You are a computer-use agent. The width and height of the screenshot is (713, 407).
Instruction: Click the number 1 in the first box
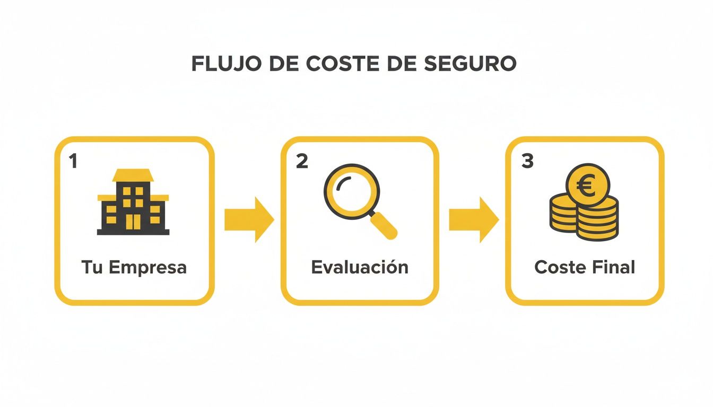click(73, 162)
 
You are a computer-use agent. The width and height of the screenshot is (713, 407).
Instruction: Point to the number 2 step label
click(301, 162)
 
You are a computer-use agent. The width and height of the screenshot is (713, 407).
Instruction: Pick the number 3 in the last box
click(527, 162)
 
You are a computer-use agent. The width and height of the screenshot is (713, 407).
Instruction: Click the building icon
click(133, 202)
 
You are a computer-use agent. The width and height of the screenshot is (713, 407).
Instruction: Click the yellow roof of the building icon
click(133, 175)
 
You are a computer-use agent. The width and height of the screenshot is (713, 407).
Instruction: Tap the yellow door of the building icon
click(133, 223)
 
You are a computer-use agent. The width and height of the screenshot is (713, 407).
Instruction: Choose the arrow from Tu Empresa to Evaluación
click(248, 219)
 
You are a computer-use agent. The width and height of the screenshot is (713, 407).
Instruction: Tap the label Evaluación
click(359, 267)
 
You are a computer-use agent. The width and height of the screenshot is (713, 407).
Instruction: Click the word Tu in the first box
click(92, 267)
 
